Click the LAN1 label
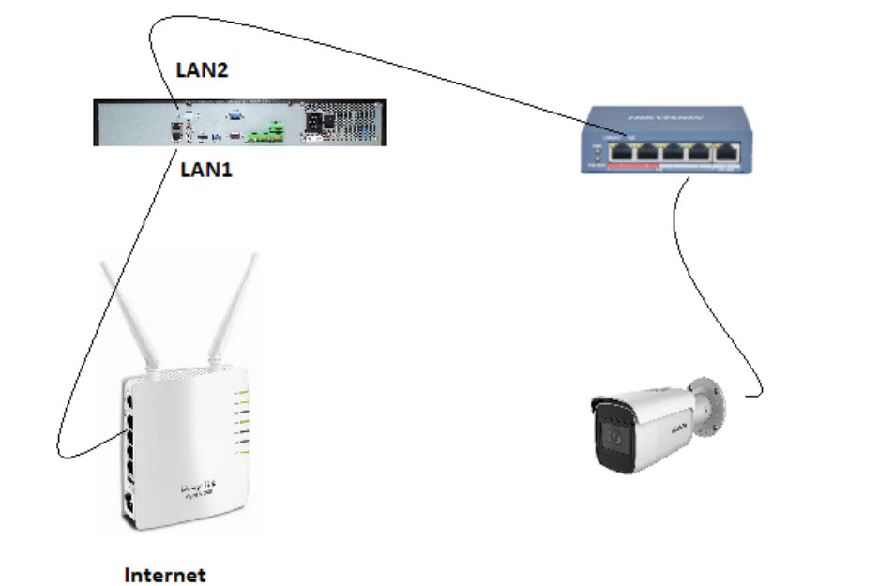205,172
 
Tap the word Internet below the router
164,575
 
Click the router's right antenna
235,309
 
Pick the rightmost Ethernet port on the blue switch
725,152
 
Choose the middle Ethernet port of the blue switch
673,151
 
